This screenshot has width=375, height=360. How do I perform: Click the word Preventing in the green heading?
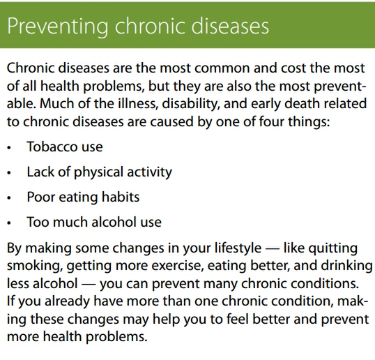(57, 27)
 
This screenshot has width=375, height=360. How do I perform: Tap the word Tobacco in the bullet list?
(50, 147)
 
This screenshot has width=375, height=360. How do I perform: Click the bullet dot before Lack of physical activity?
(9, 173)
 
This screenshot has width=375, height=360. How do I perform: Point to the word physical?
(98, 172)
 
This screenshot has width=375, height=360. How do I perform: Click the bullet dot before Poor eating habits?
(9, 198)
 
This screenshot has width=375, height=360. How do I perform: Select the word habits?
(121, 197)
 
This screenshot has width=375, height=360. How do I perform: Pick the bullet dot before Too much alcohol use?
(9, 223)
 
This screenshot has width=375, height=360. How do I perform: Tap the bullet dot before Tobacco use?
(9, 148)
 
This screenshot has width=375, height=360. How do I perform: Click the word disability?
(191, 104)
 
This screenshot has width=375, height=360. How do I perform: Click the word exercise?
(178, 266)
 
